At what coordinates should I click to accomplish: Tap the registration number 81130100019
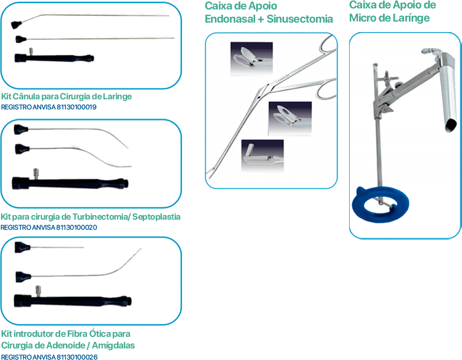(76, 107)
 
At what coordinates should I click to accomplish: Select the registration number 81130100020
(77, 228)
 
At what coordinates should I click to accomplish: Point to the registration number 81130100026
(77, 357)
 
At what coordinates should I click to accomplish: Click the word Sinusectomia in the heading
(300, 19)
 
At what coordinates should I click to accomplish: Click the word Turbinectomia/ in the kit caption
(101, 217)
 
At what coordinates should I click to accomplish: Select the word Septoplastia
(156, 217)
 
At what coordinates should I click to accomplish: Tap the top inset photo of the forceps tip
(251, 58)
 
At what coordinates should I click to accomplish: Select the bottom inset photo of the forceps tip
(262, 156)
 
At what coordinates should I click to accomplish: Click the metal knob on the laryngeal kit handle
(31, 51)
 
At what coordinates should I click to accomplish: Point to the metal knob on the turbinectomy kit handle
(36, 173)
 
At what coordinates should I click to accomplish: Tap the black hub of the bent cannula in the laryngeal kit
(17, 25)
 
